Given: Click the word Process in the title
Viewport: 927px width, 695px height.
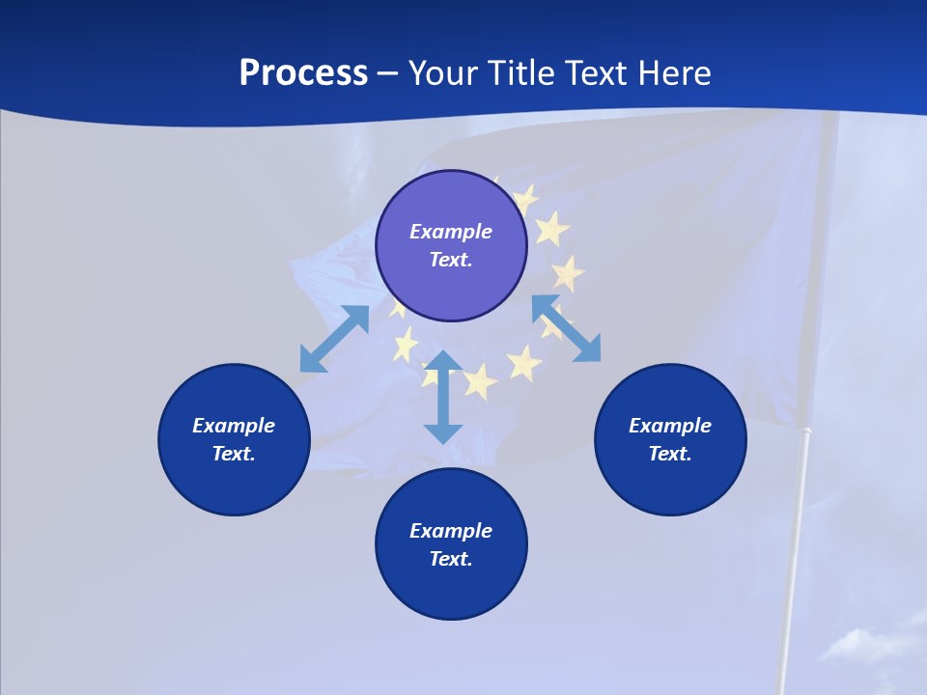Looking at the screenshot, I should click(x=303, y=73).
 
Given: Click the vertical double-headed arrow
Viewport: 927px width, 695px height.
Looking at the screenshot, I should click(x=443, y=397).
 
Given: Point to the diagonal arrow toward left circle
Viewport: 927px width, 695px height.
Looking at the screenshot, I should click(x=334, y=339).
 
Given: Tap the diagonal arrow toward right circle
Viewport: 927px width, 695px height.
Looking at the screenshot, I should click(x=567, y=328).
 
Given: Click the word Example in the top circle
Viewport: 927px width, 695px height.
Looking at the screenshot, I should click(x=451, y=232).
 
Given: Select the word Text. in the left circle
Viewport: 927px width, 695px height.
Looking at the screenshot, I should click(x=234, y=454).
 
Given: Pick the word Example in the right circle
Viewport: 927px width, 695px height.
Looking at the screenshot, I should click(x=670, y=426).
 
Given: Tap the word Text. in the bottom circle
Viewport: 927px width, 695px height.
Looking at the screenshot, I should click(x=451, y=559).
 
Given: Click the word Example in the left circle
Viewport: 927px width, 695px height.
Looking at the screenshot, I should click(x=234, y=426).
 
